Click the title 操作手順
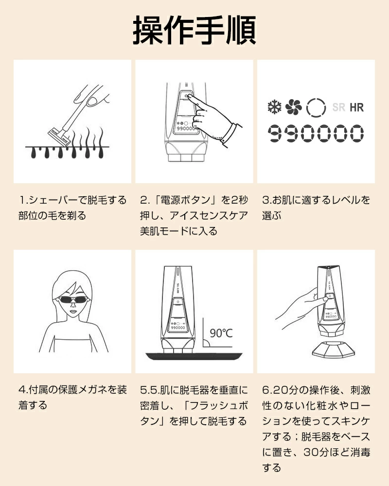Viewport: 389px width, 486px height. [x=194, y=30]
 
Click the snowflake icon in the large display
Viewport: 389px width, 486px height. [x=275, y=107]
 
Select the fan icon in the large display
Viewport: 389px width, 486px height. [x=294, y=107]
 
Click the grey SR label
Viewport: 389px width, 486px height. [x=338, y=107]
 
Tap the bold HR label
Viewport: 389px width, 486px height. [x=356, y=107]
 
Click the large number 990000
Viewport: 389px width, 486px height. [x=316, y=134]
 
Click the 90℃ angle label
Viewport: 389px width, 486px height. [x=221, y=333]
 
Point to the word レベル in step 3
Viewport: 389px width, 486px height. [x=345, y=200]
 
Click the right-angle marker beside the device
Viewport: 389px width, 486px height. [x=206, y=344]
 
